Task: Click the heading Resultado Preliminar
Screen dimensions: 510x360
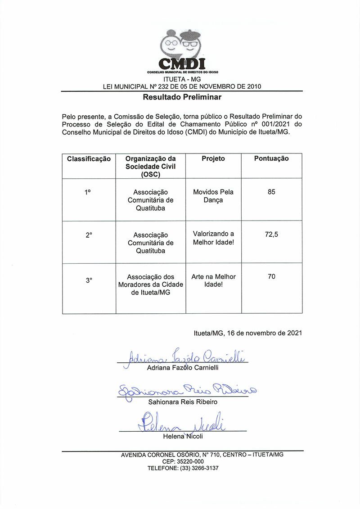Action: (x=182, y=97)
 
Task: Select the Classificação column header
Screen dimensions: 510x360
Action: (x=89, y=159)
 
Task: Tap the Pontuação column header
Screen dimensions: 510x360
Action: (x=271, y=158)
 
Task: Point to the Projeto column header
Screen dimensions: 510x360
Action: (x=213, y=158)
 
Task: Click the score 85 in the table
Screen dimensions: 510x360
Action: (x=271, y=192)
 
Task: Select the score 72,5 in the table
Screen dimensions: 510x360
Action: (x=271, y=235)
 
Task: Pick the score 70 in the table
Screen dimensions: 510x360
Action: (x=271, y=276)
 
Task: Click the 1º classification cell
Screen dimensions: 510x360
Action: (x=88, y=192)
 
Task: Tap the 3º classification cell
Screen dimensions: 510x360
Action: (x=89, y=280)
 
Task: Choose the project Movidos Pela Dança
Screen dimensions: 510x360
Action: (x=213, y=196)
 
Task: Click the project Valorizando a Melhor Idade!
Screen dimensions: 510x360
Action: (x=213, y=238)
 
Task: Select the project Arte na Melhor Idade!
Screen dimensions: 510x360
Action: (x=213, y=280)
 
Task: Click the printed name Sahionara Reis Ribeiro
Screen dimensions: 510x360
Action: (x=183, y=402)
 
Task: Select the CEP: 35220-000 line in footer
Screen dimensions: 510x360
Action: (x=183, y=461)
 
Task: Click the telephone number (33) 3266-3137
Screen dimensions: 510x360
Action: (x=198, y=468)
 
